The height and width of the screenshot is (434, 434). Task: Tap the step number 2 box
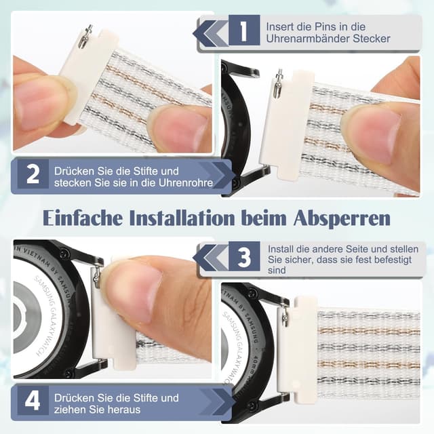coord(32,175)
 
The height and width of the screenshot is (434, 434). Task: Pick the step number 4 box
coord(32,403)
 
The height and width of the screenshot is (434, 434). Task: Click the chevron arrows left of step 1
coord(210,31)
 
